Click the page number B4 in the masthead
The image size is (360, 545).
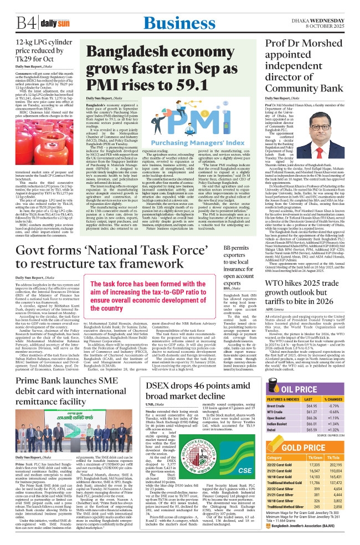point(24,23)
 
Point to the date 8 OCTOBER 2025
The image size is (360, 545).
point(332,26)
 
